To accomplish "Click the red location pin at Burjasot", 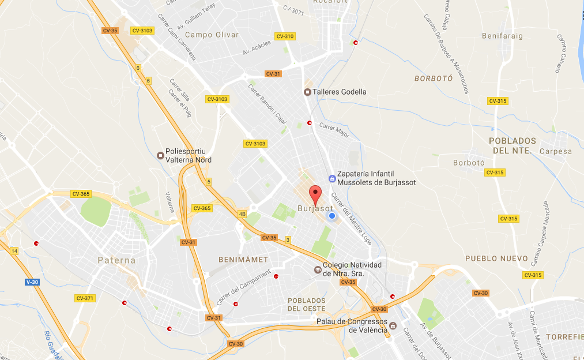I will click(x=314, y=193).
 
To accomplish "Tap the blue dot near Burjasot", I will click(x=332, y=216).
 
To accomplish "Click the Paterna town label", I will click(x=116, y=260).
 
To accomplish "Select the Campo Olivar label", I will click(x=212, y=35).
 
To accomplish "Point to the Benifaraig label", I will click(x=502, y=36).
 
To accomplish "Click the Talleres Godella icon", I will click(x=307, y=92).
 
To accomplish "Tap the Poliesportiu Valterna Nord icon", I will click(x=160, y=155).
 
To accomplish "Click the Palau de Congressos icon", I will click(x=393, y=326).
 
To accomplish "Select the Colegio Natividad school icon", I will click(x=317, y=269).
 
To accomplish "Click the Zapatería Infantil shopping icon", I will click(x=332, y=178).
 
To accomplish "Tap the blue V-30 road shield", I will click(x=31, y=282).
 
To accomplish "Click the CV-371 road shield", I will click(x=85, y=298).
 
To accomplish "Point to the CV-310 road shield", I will click(x=285, y=36).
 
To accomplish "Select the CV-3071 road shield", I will click(x=293, y=8).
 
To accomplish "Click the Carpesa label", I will click(x=556, y=152).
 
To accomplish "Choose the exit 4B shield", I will click(x=242, y=214).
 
